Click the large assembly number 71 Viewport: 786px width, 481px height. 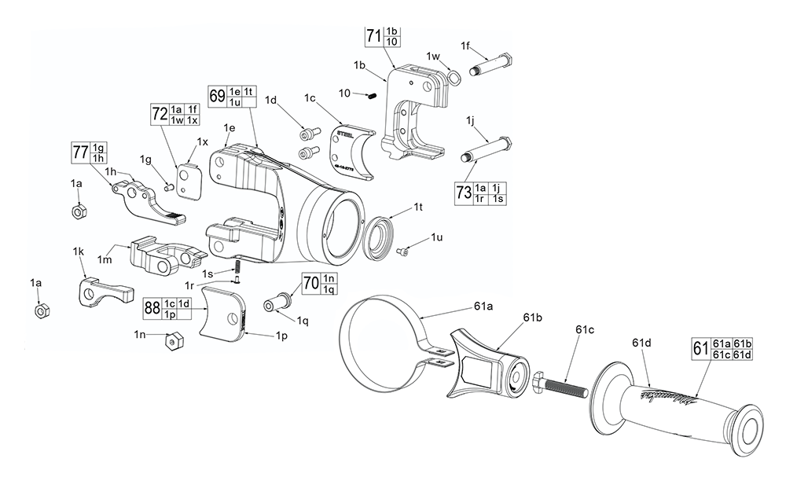tap(373, 35)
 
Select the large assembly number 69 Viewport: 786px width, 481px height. tap(216, 96)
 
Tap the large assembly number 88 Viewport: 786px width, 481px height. tap(152, 308)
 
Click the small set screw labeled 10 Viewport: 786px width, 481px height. tap(373, 96)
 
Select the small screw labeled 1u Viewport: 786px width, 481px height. tap(405, 252)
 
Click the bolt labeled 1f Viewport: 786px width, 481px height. tap(490, 67)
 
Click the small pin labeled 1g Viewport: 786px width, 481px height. tap(169, 186)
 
